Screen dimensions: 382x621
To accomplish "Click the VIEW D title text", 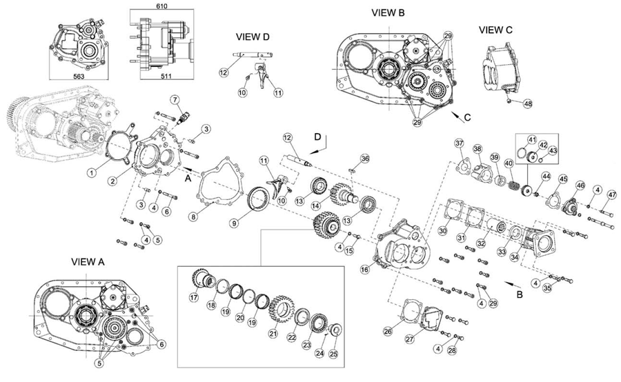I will click(x=252, y=37).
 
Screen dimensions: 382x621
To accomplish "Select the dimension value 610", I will click(x=164, y=6).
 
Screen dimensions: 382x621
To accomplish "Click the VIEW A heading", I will click(x=87, y=262).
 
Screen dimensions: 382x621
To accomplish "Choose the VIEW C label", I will click(x=495, y=30).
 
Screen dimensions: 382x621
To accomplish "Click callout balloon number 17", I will click(x=195, y=299).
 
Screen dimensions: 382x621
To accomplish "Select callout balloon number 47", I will click(x=611, y=195).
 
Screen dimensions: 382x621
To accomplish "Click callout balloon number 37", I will click(x=459, y=143).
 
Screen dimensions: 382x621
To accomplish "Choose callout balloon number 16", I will click(x=364, y=271).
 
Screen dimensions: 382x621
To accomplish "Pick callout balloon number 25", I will click(x=334, y=354).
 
